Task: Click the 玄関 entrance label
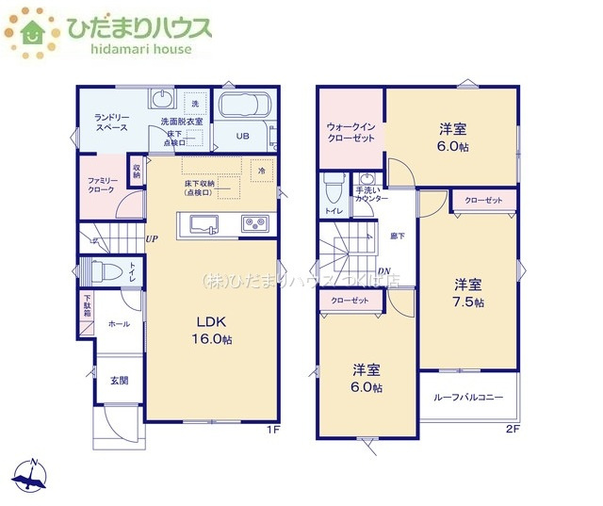click(119, 381)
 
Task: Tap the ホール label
click(119, 323)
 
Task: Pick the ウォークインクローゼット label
click(350, 132)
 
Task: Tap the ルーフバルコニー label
click(468, 397)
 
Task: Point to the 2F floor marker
click(513, 429)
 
